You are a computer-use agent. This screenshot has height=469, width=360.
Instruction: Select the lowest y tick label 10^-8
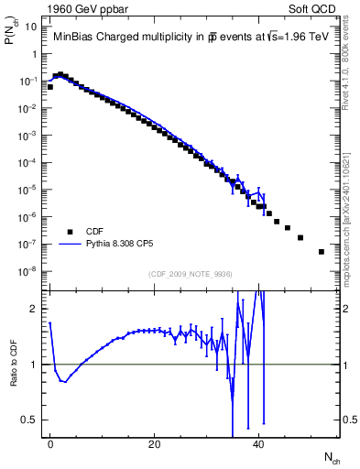(29, 271)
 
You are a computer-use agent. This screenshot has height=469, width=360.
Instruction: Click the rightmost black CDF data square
(322, 252)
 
